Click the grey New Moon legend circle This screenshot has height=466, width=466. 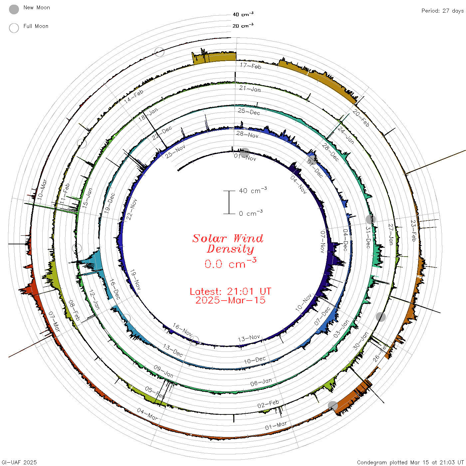(14, 9)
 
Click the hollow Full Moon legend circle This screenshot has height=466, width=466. (14, 28)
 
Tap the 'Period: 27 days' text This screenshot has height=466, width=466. (442, 11)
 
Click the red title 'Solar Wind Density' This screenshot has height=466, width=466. (228, 244)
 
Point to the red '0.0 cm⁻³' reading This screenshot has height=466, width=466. (230, 263)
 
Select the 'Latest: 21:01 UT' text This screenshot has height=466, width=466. (230, 291)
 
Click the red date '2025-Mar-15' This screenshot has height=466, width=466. (230, 300)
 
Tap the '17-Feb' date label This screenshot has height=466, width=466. (251, 66)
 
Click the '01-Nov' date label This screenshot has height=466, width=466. (245, 157)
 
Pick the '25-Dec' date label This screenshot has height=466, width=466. (249, 112)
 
